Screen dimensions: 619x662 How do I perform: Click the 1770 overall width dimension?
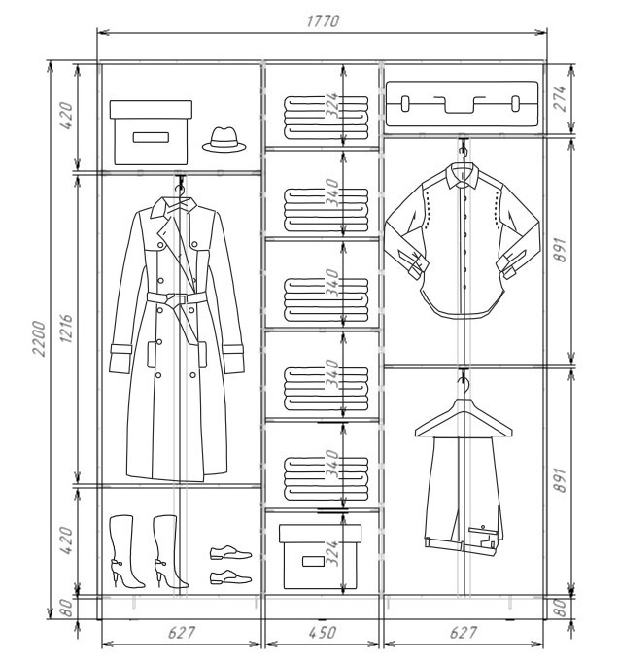pos(323,20)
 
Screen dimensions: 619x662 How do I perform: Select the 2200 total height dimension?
pos(39,338)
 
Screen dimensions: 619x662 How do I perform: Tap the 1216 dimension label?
pos(66,328)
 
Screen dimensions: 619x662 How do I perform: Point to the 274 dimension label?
pos(560,98)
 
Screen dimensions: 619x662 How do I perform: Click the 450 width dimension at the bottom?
pos(323,633)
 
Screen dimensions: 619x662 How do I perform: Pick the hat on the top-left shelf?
pos(224,139)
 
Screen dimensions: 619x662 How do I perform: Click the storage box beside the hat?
pos(151,132)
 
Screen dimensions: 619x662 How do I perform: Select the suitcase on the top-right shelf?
pos(462,104)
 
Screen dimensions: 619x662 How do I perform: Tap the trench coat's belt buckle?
pos(177,299)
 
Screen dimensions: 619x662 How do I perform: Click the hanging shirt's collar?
pos(463,176)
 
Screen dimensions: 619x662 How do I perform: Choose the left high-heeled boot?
pos(125,551)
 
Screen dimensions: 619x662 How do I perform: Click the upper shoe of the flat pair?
pos(230,553)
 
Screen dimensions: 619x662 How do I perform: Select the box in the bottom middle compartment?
pos(320,556)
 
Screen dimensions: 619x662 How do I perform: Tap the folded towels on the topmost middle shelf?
pos(326,118)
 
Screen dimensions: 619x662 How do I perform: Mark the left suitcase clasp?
pos(404,103)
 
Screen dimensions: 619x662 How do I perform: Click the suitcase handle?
pos(460,105)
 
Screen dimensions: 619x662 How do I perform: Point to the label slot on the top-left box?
pos(151,137)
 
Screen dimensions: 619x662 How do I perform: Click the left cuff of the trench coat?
pos(120,359)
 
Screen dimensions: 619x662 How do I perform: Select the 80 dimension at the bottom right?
pos(560,608)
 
